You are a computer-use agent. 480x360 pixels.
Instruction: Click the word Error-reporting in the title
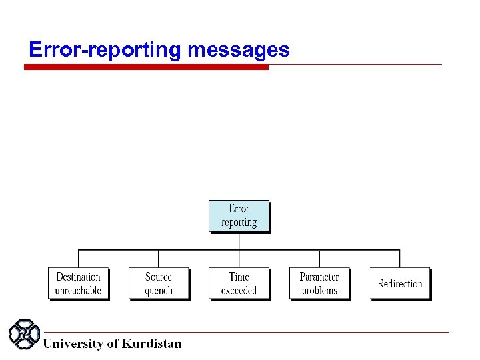pyautogui.click(x=106, y=50)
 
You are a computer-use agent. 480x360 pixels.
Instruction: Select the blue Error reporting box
pyautogui.click(x=239, y=216)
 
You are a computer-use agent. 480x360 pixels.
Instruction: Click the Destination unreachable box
pyautogui.click(x=78, y=283)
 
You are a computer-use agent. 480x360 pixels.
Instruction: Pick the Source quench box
pyautogui.click(x=159, y=283)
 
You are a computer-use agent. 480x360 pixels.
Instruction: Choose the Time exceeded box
pyautogui.click(x=239, y=283)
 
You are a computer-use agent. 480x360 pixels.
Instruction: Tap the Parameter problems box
pyautogui.click(x=319, y=283)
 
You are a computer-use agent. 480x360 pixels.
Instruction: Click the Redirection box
pyautogui.click(x=400, y=283)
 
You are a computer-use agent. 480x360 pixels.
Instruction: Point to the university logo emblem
pyautogui.click(x=25, y=335)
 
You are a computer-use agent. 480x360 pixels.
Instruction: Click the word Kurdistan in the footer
pyautogui.click(x=151, y=344)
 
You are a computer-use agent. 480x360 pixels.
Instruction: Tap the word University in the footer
pyautogui.click(x=73, y=344)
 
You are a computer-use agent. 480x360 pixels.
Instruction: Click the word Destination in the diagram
pyautogui.click(x=78, y=277)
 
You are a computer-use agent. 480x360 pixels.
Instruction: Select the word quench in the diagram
pyautogui.click(x=159, y=291)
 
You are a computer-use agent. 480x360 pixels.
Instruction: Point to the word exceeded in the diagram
pyautogui.click(x=239, y=291)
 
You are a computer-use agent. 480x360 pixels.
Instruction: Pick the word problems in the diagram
pyautogui.click(x=319, y=291)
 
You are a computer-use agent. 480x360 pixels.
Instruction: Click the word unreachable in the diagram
pyautogui.click(x=78, y=291)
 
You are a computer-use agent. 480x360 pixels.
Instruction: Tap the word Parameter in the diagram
pyautogui.click(x=319, y=277)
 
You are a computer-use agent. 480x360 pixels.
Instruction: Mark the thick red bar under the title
pyautogui.click(x=147, y=67)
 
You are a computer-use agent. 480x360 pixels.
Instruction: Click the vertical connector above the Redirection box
pyautogui.click(x=400, y=259)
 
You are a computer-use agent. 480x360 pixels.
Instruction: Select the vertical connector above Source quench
pyautogui.click(x=159, y=259)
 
